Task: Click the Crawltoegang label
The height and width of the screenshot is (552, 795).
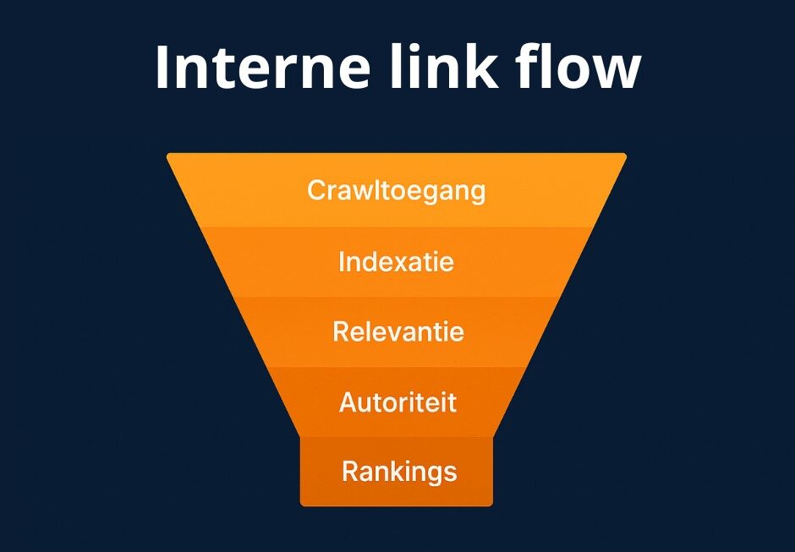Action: tap(396, 191)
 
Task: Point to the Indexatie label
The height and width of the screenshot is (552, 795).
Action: tap(396, 262)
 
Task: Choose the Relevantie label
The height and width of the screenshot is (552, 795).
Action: tap(397, 331)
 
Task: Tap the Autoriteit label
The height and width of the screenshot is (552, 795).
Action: tap(397, 402)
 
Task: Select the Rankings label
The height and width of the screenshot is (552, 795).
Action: tap(398, 472)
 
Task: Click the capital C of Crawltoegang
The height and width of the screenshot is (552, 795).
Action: tap(316, 190)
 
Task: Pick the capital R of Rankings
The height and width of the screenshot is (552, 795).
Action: tap(350, 471)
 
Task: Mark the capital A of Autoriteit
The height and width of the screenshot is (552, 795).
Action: tap(348, 402)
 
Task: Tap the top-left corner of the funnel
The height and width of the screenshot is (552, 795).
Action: tap(168, 155)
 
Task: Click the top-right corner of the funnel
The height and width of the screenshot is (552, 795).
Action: tap(625, 155)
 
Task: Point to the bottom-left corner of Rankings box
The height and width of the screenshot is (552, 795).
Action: tap(302, 504)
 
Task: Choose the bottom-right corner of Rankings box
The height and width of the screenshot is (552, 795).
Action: tap(491, 504)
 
